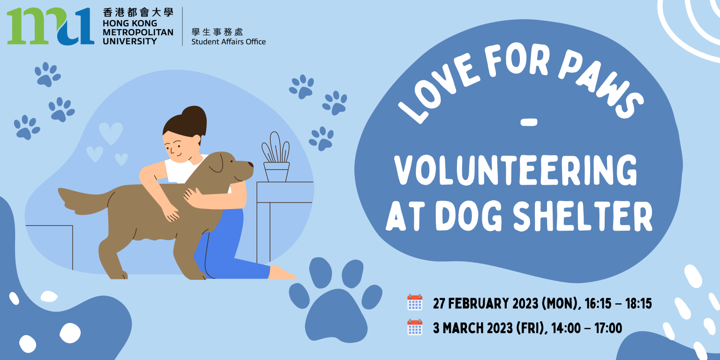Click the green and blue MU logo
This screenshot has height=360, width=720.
click(x=51, y=26)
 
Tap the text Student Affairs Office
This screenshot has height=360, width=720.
click(x=229, y=42)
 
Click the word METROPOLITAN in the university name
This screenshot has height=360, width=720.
click(x=138, y=32)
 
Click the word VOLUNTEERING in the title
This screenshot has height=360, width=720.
click(x=516, y=170)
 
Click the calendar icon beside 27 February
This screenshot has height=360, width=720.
click(x=415, y=302)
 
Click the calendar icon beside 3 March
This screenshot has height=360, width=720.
click(x=415, y=327)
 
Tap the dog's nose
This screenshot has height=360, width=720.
click(x=250, y=164)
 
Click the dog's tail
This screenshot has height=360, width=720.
click(x=85, y=201)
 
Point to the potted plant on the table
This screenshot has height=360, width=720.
click(x=276, y=157)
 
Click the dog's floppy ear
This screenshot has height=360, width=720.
click(x=217, y=162)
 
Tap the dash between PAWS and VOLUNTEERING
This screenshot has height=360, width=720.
click(x=528, y=122)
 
